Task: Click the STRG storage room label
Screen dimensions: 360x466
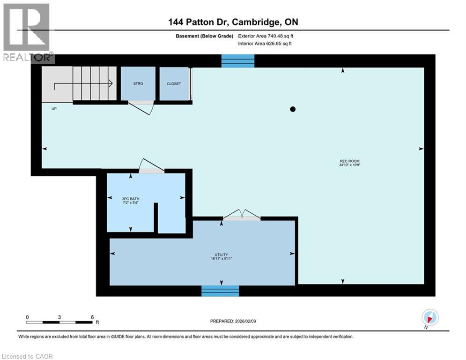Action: coord(138,83)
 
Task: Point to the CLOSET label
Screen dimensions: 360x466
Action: coord(174,84)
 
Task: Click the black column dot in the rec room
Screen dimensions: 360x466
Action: coord(293,109)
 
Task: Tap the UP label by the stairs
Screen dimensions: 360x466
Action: coord(54,108)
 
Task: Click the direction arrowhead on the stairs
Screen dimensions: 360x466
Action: coord(111,84)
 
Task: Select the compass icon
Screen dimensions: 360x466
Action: coord(429,317)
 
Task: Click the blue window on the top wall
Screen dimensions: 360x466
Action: coord(238,61)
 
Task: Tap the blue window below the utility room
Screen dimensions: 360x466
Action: coord(220,291)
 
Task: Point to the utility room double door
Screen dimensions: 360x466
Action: coord(241,216)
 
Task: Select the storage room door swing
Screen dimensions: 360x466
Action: coord(141,106)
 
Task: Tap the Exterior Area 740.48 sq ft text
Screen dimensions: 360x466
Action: coord(266,36)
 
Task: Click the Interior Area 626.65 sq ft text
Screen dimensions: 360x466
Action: coord(266,44)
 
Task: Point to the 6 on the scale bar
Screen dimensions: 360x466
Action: coord(92,317)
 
